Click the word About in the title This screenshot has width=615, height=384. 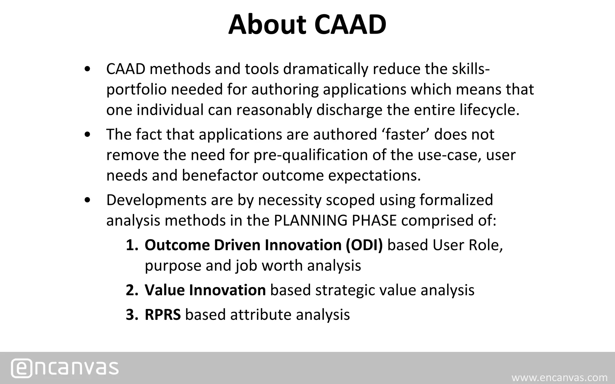(267, 25)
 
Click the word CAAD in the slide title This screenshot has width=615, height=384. (350, 25)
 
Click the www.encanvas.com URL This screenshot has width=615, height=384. (559, 377)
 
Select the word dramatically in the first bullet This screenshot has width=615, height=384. (326, 69)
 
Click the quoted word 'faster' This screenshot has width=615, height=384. (406, 134)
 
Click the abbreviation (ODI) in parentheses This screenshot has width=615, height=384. (364, 245)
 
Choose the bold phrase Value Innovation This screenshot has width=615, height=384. (205, 290)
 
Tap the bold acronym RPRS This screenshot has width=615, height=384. (162, 315)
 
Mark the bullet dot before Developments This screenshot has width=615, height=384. (87, 200)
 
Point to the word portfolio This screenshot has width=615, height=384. (136, 90)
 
